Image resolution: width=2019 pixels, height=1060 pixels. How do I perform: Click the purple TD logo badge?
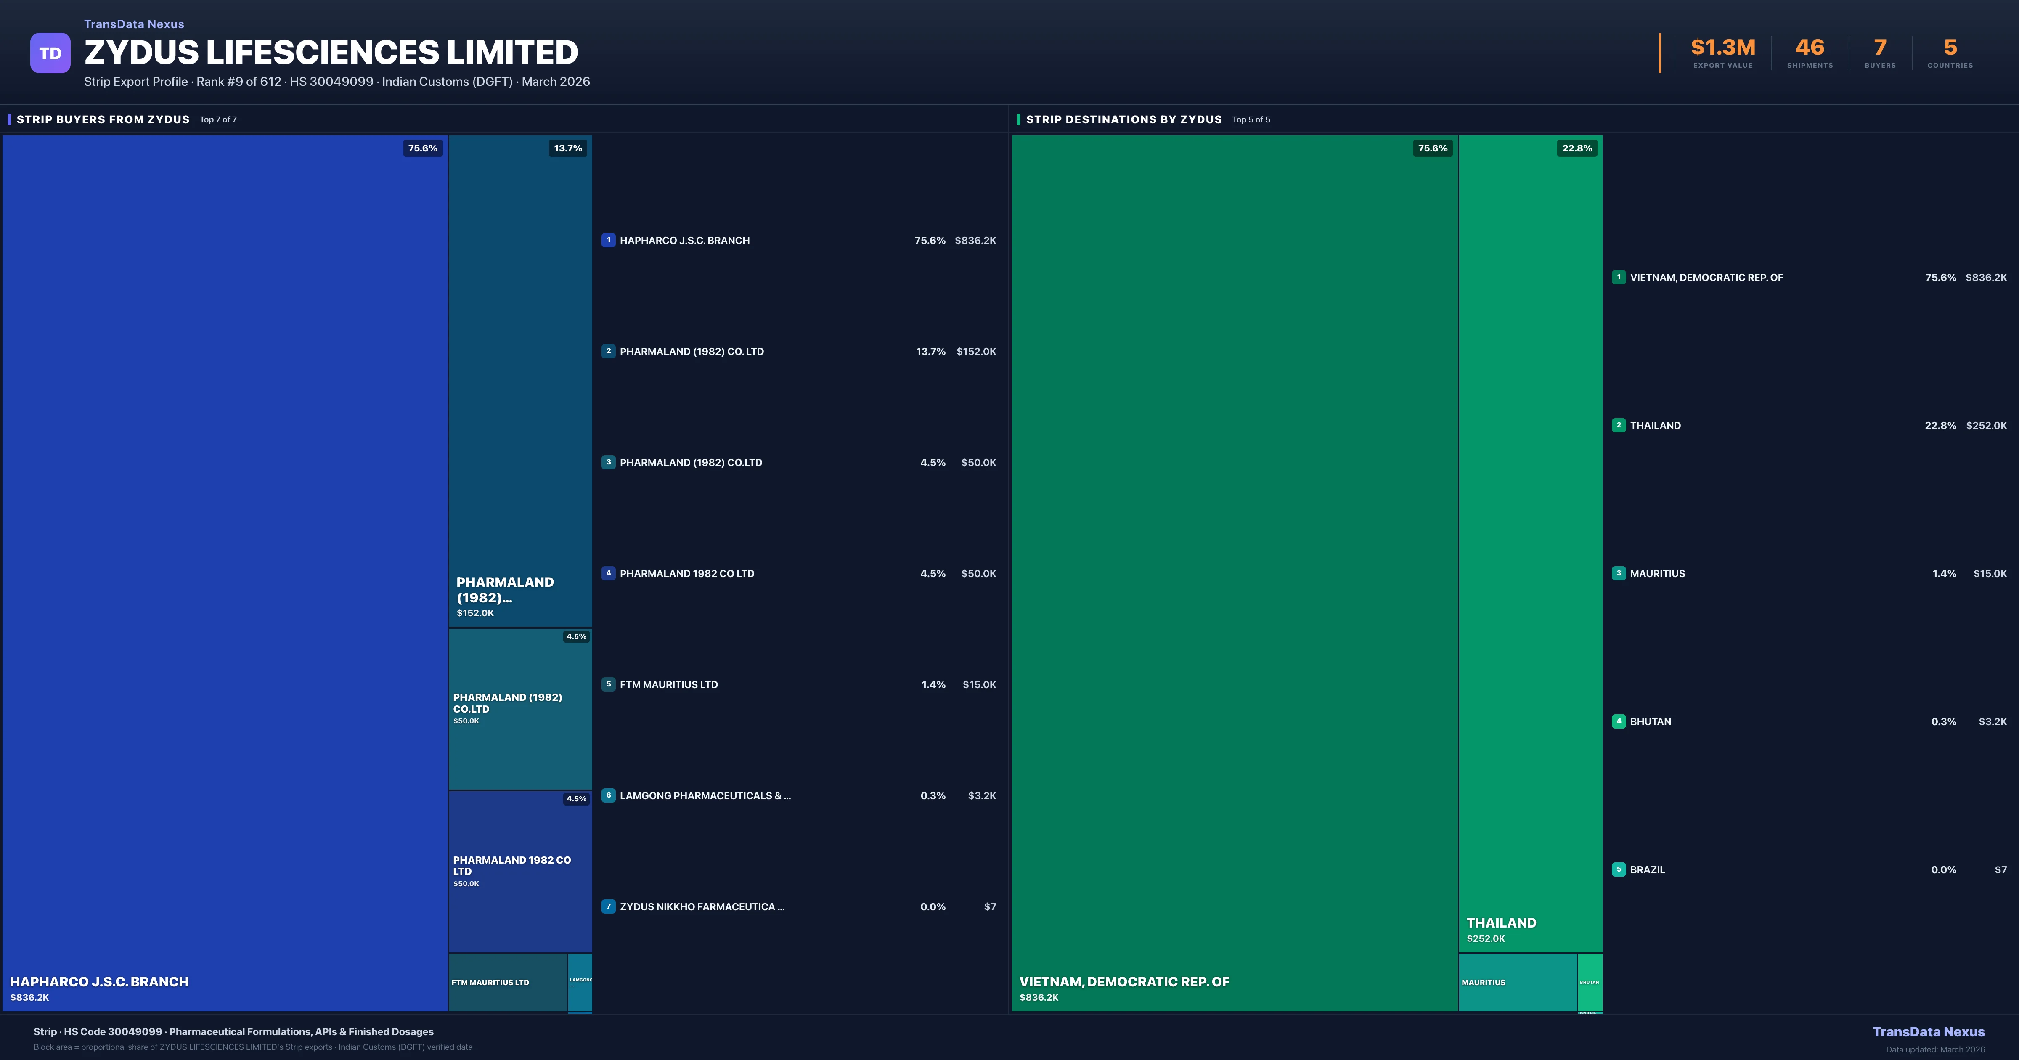50,53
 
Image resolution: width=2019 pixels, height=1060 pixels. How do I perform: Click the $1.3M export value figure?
1723,48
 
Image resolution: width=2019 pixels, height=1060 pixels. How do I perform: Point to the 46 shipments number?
1810,48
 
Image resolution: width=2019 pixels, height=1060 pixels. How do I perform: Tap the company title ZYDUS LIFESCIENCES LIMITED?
331,53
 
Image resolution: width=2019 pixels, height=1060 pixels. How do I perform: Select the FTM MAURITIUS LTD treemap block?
507,982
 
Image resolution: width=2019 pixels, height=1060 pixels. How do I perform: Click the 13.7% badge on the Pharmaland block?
567,148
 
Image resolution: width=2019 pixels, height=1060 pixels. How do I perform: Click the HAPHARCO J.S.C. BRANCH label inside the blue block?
100,982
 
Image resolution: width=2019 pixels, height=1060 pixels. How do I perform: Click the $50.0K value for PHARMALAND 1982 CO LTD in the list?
978,574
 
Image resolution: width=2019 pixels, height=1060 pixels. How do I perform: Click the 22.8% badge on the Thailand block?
1577,148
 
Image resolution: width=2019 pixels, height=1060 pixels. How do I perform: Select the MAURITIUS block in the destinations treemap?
1517,982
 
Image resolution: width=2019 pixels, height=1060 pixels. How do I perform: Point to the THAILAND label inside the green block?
1501,923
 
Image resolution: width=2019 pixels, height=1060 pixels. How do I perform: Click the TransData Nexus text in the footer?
1928,1032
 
